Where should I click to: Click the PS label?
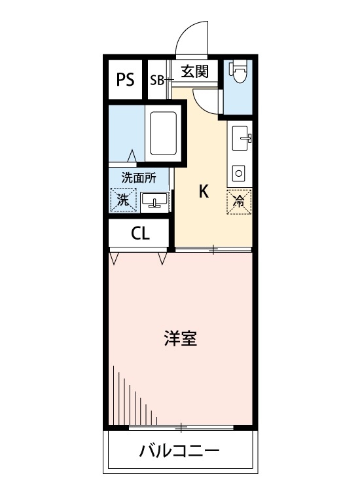[x=125, y=80]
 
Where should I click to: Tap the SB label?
[x=157, y=81]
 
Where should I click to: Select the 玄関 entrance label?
[x=194, y=71]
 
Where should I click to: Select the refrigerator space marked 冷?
[x=239, y=202]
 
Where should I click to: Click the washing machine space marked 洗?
[x=123, y=201]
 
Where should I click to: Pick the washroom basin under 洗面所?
[x=154, y=201]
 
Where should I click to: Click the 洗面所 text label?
[x=139, y=177]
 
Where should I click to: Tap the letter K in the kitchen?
[x=204, y=191]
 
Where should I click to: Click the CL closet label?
[x=140, y=234]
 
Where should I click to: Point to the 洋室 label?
[x=181, y=338]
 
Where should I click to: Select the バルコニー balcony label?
[x=178, y=451]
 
